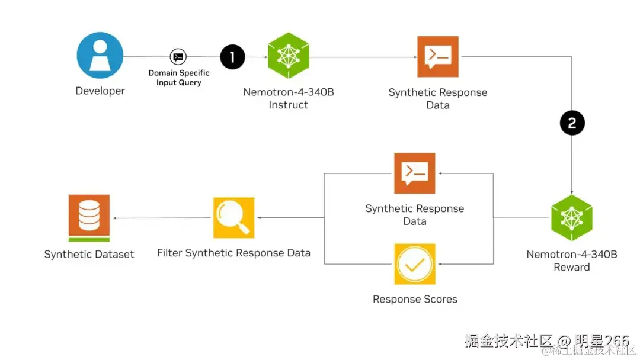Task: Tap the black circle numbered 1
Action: tap(232, 57)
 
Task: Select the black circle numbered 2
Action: tap(572, 123)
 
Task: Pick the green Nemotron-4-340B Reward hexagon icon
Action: tap(572, 218)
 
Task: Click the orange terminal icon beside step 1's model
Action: tap(438, 57)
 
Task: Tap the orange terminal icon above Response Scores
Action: tap(415, 173)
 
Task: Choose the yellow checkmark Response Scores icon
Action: tap(415, 264)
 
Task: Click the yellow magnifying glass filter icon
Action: tap(233, 217)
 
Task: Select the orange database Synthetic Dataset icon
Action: tap(89, 217)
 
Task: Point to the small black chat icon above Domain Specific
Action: tap(178, 57)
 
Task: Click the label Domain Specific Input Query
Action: tap(178, 78)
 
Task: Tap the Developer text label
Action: tap(100, 91)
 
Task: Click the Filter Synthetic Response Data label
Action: tap(233, 253)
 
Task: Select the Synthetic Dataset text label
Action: tap(89, 255)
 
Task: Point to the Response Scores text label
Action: tap(415, 300)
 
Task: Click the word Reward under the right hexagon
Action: tap(572, 268)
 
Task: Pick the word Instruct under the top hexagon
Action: tap(288, 105)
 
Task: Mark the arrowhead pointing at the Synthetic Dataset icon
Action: tap(115, 218)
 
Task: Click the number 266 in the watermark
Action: tap(617, 341)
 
